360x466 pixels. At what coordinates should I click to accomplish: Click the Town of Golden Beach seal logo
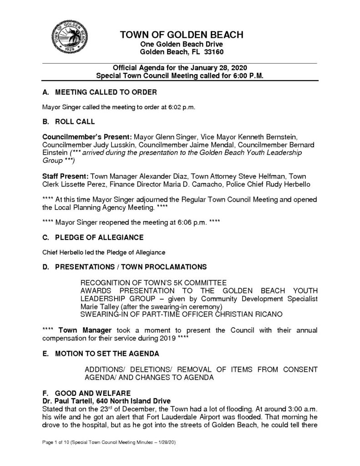click(x=68, y=37)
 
